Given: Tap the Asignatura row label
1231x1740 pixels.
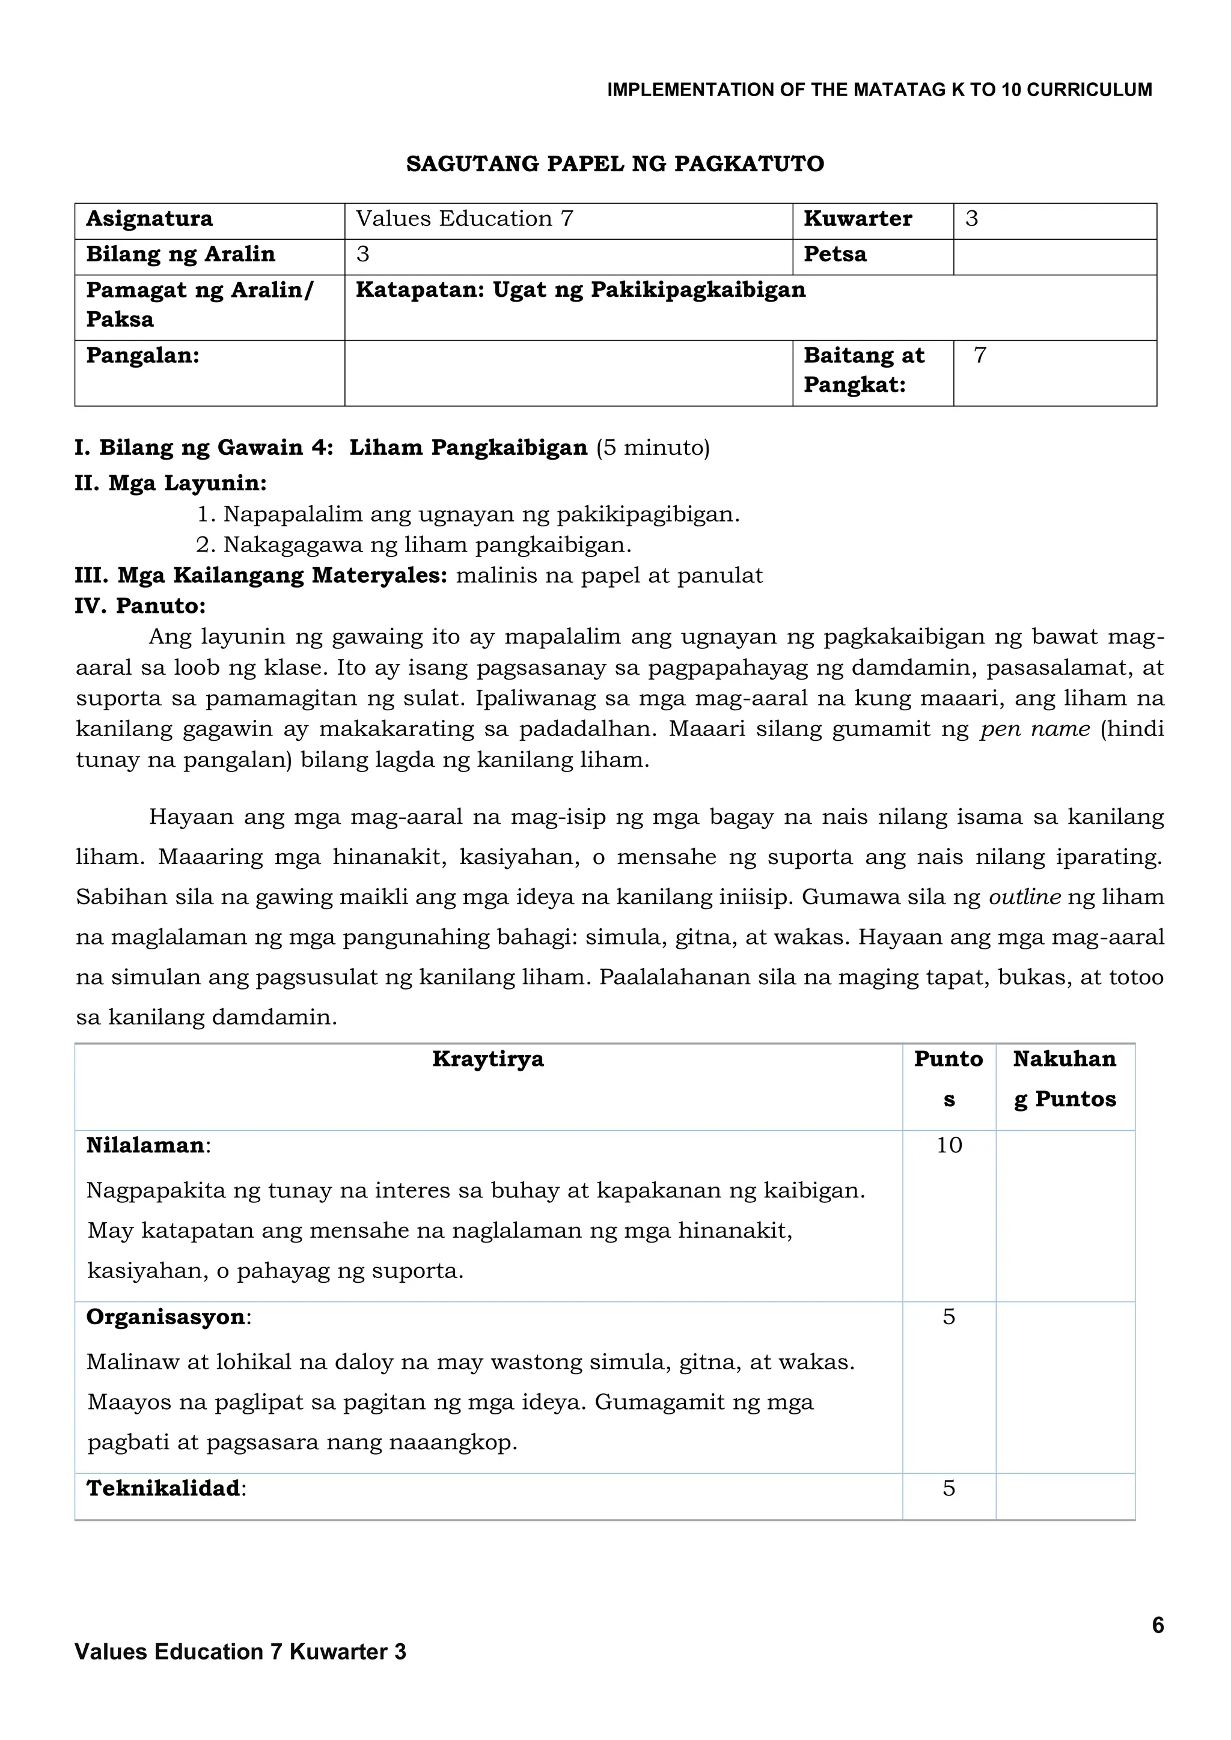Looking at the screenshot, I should [149, 219].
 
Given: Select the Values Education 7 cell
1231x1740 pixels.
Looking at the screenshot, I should [465, 219].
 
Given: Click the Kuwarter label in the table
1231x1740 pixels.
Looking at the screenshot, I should [857, 219].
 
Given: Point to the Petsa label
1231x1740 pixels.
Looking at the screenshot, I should [834, 255].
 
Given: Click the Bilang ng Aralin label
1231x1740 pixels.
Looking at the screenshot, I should [180, 255].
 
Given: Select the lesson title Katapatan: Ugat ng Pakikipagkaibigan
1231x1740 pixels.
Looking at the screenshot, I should [581, 290].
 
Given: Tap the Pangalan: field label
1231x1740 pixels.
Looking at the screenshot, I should [142, 356].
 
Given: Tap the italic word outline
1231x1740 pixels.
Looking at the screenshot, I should [1025, 897].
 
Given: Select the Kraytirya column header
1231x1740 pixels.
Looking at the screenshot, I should [488, 1059].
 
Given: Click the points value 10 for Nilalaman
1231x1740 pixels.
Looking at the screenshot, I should [948, 1145].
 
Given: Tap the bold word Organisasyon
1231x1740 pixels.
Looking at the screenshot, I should [166, 1317].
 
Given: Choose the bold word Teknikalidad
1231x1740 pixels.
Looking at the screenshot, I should [163, 1488].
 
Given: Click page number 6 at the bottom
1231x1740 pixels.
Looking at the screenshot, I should [1158, 1626].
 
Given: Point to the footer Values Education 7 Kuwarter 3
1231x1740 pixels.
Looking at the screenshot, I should [240, 1652].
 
